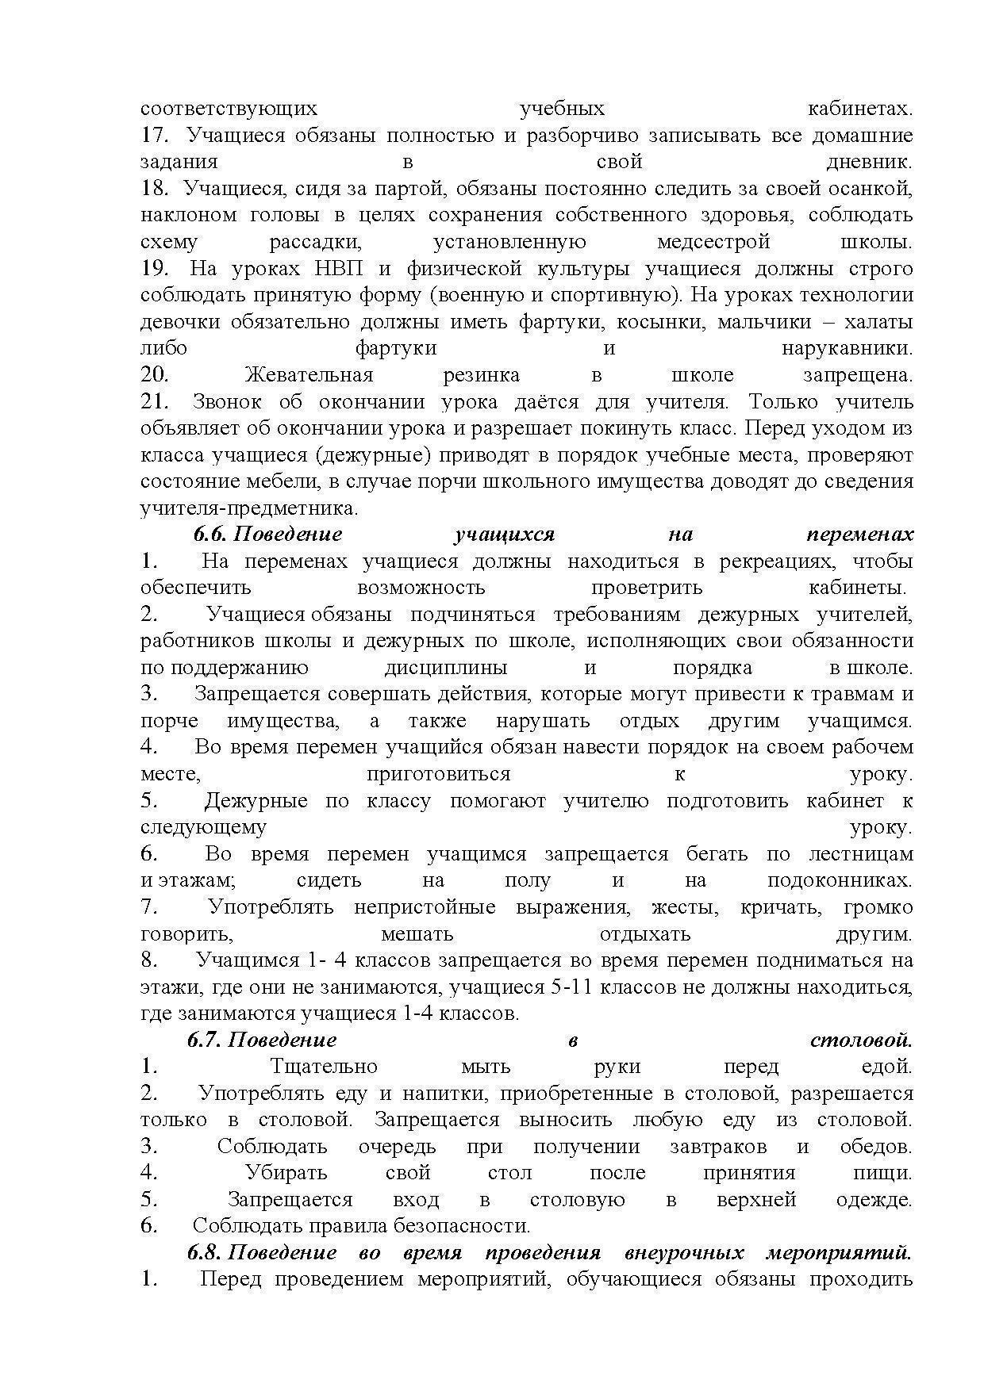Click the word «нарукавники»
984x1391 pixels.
click(847, 348)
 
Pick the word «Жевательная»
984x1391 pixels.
click(309, 375)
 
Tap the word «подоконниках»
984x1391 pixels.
click(840, 880)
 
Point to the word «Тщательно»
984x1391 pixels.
click(324, 1067)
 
